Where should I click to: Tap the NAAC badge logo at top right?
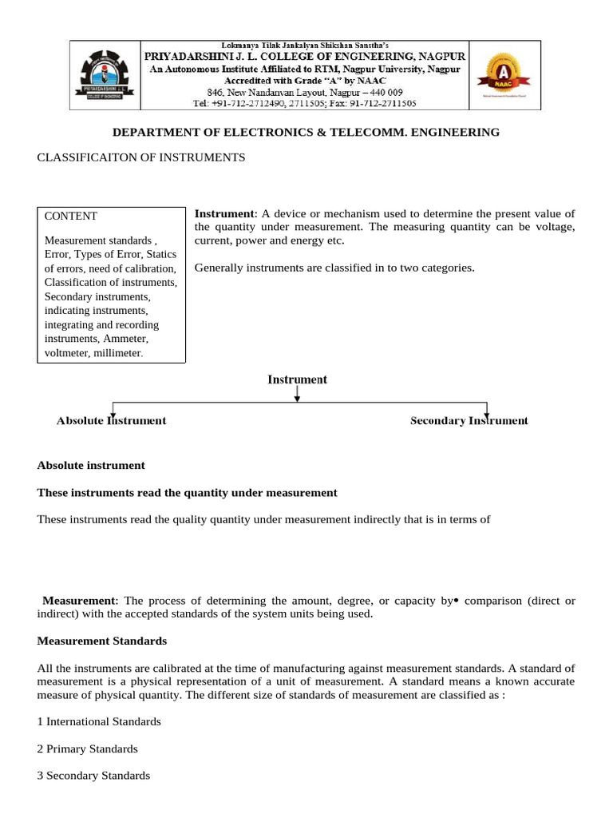[501, 74]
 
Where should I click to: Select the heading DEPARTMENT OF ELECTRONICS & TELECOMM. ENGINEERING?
[306, 132]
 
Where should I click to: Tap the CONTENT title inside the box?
[71, 216]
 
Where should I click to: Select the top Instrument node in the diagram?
[297, 379]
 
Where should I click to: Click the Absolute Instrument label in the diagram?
[112, 420]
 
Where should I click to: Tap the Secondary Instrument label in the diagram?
[469, 420]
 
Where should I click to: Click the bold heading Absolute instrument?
[91, 465]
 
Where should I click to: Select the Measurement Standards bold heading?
[102, 641]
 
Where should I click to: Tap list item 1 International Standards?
[99, 721]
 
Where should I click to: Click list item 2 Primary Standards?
[87, 749]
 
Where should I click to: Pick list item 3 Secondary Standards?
[93, 776]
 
